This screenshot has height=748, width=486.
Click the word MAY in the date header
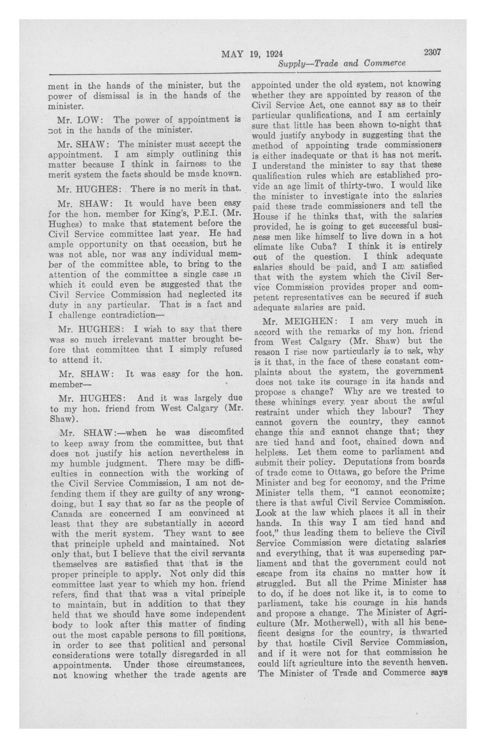click(233, 54)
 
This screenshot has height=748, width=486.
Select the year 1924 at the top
click(274, 54)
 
